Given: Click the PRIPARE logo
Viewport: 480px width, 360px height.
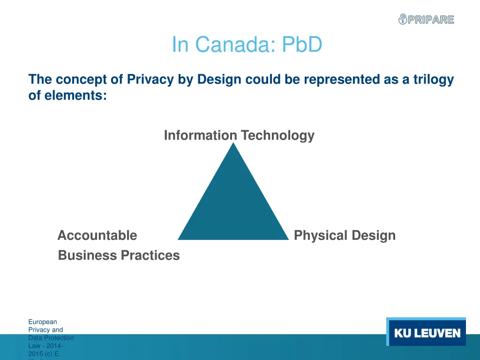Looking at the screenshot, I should [426, 20].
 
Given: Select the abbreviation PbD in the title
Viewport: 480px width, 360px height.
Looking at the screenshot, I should [302, 45].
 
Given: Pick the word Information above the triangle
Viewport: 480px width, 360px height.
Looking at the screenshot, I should [200, 135].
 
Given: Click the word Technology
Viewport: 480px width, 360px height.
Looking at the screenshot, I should [277, 135].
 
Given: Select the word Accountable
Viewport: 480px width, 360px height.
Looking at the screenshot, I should [97, 235].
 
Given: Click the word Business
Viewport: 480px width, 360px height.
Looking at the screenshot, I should [87, 255].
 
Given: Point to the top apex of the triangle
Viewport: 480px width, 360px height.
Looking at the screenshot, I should [233, 144].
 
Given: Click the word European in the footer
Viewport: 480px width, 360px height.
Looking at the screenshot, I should [42, 322].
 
